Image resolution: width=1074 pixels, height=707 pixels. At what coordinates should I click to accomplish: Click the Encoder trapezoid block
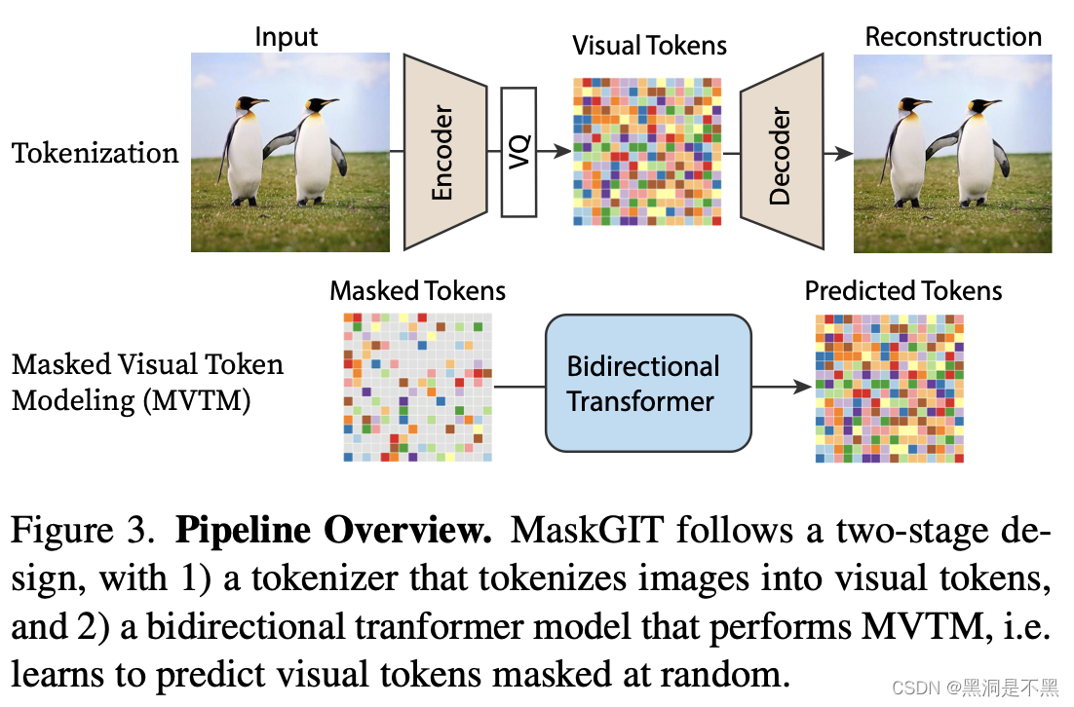click(444, 153)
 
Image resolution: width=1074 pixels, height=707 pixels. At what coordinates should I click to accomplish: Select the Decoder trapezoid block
click(780, 153)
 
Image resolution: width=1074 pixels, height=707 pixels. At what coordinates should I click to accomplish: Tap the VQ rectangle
click(518, 151)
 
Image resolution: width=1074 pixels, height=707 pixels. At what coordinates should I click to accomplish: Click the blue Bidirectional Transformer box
click(648, 383)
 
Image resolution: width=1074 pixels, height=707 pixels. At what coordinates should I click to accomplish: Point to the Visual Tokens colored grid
click(648, 151)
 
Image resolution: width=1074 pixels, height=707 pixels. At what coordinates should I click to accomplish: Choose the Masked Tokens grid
click(417, 387)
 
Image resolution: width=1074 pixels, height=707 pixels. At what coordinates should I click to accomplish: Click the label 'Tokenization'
click(96, 153)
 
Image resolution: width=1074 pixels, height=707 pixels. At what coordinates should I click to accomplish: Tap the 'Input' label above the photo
click(287, 37)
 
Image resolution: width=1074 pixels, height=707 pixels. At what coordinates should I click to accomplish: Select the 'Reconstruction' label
click(953, 37)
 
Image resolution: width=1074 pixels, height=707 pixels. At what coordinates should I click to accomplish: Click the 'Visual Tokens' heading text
click(649, 45)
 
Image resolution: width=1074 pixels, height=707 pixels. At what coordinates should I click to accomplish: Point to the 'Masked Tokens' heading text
click(417, 290)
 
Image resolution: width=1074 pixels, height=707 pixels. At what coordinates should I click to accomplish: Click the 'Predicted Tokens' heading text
click(903, 290)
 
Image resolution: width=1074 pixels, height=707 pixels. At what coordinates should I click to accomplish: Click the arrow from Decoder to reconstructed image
click(835, 153)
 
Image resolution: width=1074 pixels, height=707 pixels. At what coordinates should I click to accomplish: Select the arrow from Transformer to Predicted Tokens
click(783, 387)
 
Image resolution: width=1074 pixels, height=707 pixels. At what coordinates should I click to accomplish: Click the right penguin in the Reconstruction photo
click(975, 156)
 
